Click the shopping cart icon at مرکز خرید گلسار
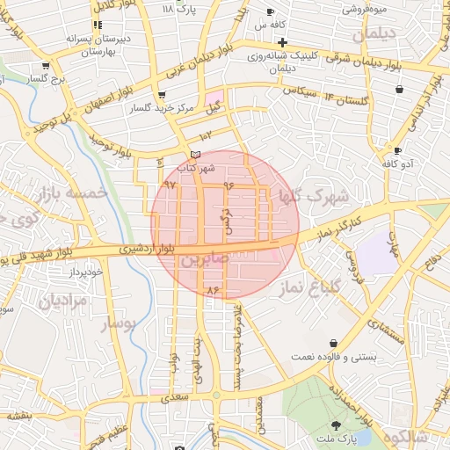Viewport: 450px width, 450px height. click(x=161, y=95)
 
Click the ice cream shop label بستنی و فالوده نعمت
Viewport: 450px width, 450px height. click(x=334, y=358)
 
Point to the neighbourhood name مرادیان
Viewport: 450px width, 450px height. click(x=62, y=300)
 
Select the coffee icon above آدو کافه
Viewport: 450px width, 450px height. click(x=398, y=150)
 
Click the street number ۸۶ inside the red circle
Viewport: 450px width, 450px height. click(x=211, y=289)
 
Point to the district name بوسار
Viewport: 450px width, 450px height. click(x=120, y=323)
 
